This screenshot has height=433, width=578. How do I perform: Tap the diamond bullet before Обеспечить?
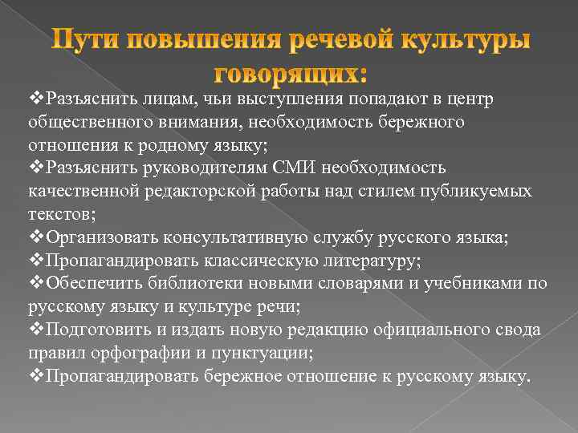click(37, 284)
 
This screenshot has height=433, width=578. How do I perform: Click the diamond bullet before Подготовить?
click(37, 330)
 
